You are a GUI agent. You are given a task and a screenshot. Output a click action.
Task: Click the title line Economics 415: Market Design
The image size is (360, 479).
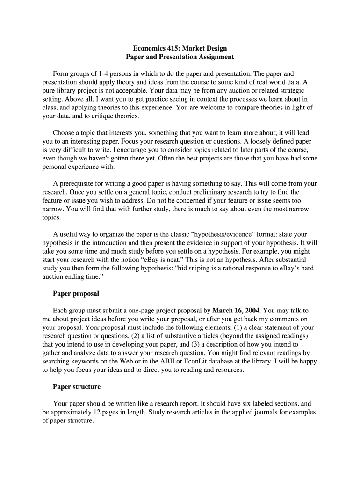[180, 48]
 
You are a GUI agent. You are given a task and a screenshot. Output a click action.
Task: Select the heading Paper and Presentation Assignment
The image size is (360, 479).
[180, 57]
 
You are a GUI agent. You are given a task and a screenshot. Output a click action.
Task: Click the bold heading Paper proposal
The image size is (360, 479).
[76, 293]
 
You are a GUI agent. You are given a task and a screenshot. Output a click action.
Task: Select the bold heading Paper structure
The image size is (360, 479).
[77, 387]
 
